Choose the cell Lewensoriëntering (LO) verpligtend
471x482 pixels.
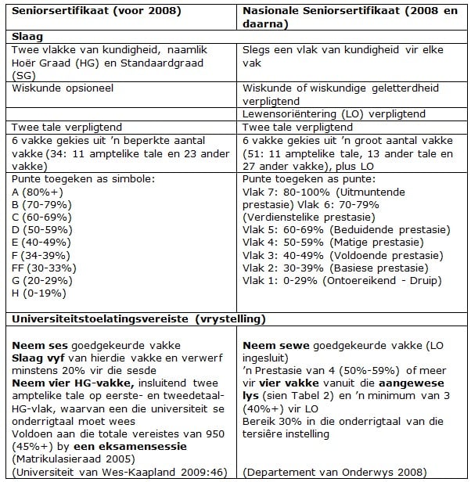pyautogui.click(x=333, y=113)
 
